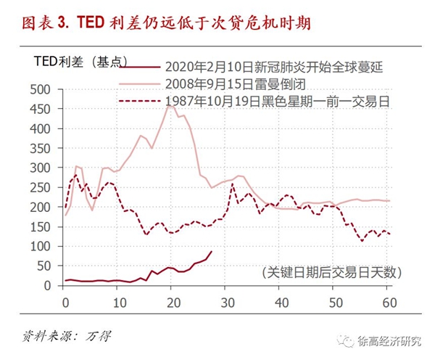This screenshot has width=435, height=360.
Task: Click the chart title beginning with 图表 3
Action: coord(155,24)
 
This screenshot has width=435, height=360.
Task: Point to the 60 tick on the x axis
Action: coord(389,301)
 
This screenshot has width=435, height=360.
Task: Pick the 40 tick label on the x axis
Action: coord(281,301)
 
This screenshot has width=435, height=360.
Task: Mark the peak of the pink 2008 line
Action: coord(170,105)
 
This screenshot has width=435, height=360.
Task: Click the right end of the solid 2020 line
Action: coord(211,252)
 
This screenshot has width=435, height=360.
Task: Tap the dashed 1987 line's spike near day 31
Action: coord(233,184)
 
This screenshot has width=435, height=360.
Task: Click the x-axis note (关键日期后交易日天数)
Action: coord(329,272)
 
